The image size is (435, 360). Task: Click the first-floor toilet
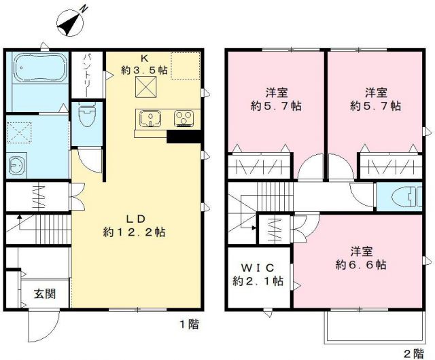coord(86,117)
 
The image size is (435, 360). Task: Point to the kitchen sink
coord(149,120)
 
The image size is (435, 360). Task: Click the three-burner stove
coord(184,120)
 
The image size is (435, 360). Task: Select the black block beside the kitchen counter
coord(184,137)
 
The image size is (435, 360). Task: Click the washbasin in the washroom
coord(15,164)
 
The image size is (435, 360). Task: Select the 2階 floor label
coord(413,353)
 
